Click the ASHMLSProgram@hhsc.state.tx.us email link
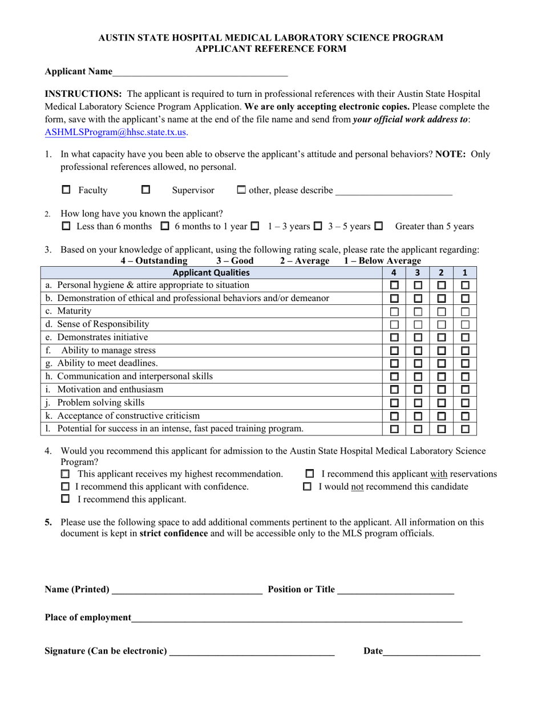pyautogui.click(x=116, y=132)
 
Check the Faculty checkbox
pyautogui.click(x=66, y=190)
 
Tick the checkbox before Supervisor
pyautogui.click(x=145, y=190)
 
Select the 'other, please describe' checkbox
pyautogui.click(x=241, y=190)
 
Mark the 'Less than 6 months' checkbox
pyautogui.click(x=66, y=226)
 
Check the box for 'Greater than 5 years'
pyautogui.click(x=378, y=226)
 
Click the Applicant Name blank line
pyautogui.click(x=200, y=72)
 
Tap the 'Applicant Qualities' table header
pyautogui.click(x=211, y=272)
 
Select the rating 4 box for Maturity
pyautogui.click(x=394, y=312)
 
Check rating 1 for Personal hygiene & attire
pyautogui.click(x=465, y=285)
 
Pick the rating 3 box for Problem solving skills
pyautogui.click(x=418, y=403)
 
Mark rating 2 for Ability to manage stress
pyautogui.click(x=441, y=350)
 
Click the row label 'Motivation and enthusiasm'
pyautogui.click(x=110, y=390)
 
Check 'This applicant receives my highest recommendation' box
pyautogui.click(x=66, y=474)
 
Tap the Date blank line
pyautogui.click(x=431, y=651)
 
